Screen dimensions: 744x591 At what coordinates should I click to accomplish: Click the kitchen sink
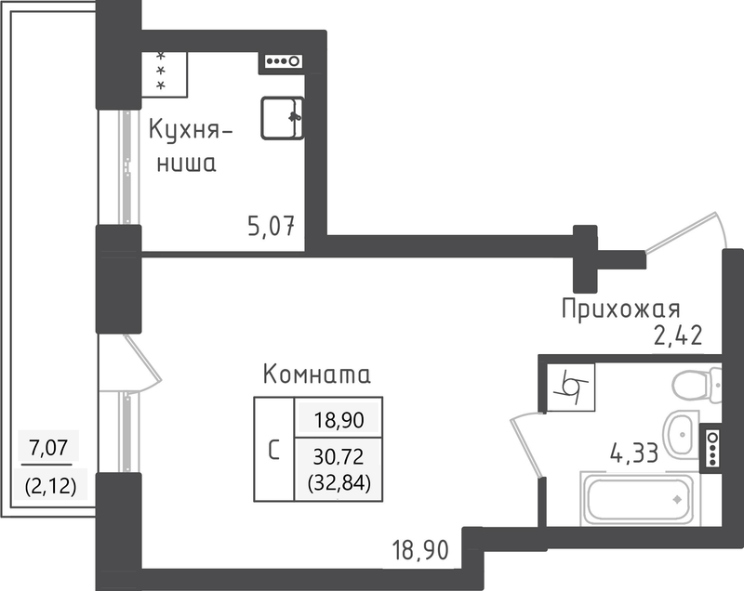[283, 118]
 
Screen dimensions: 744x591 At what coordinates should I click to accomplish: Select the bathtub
[637, 499]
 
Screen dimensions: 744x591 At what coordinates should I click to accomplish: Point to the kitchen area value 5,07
[271, 226]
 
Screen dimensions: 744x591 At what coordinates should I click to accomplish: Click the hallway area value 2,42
[678, 335]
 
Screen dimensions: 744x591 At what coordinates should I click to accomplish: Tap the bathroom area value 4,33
[634, 453]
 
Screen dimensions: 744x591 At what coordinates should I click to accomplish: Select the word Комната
[316, 374]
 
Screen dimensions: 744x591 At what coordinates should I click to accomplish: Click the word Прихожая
[620, 309]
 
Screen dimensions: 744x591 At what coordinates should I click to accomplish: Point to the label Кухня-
[191, 129]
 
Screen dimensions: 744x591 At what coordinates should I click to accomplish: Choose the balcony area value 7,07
[48, 447]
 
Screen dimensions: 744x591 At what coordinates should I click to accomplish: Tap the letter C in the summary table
[273, 450]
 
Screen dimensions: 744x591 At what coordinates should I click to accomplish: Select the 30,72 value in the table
[339, 456]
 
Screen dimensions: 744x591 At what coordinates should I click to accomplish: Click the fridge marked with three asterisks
[165, 74]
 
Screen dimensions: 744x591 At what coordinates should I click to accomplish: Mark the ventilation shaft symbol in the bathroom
[571, 387]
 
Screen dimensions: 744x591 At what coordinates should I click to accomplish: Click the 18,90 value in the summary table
[339, 420]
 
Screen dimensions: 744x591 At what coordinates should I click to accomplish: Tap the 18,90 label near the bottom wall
[420, 550]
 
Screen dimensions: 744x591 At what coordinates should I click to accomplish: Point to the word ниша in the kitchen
[187, 164]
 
